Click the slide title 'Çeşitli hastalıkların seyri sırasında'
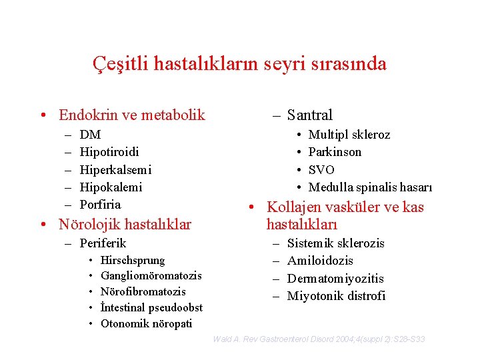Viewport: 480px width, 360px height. pyautogui.click(x=239, y=63)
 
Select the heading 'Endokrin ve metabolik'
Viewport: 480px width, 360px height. pyautogui.click(x=131, y=115)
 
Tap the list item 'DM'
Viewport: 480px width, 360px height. pyautogui.click(x=90, y=135)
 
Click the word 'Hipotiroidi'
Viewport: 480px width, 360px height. pyautogui.click(x=109, y=152)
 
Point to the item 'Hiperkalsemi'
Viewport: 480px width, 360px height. pyautogui.click(x=115, y=169)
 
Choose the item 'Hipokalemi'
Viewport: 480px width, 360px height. pyautogui.click(x=111, y=187)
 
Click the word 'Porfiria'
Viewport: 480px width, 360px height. pyautogui.click(x=100, y=204)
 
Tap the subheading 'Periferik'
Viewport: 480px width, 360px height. pyautogui.click(x=103, y=243)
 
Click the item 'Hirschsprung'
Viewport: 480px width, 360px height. pyautogui.click(x=133, y=260)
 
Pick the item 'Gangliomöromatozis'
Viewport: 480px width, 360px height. pyautogui.click(x=151, y=275)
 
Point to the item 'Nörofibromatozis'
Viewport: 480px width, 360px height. pyautogui.click(x=143, y=291)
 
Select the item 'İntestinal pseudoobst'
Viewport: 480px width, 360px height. pyautogui.click(x=151, y=307)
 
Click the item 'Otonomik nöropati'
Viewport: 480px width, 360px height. pyautogui.click(x=146, y=323)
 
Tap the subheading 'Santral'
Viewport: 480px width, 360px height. pyautogui.click(x=309, y=115)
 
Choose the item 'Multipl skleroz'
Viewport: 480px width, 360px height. pyautogui.click(x=349, y=135)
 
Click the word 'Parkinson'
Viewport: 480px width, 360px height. pyautogui.click(x=335, y=152)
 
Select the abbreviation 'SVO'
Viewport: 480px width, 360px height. pyautogui.click(x=321, y=169)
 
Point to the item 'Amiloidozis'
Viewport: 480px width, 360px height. pyautogui.click(x=320, y=261)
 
